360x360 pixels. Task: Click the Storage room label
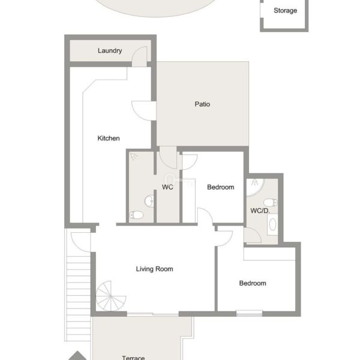pos(285,11)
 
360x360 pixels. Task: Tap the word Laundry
pos(110,51)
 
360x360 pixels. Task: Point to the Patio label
pos(202,104)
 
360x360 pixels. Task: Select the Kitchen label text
pos(109,138)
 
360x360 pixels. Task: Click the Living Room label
pos(154,269)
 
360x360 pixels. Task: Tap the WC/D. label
pos(260,211)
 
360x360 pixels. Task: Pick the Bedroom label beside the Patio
pos(220,187)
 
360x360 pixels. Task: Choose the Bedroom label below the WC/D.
pos(253,283)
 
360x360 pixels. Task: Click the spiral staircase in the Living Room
pos(110,296)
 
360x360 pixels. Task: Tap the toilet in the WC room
pos(136,215)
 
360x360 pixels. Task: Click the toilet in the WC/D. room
pos(270,203)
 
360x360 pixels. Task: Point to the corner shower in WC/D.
pos(255,187)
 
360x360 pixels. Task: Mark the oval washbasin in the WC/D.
pos(272,224)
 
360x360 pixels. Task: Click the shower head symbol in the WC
pos(134,157)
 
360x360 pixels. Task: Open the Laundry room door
pos(139,56)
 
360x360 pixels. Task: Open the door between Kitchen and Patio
pos(144,110)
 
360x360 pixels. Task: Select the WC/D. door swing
pos(253,235)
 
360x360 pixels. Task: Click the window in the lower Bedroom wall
pos(250,313)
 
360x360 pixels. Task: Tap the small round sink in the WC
pos(149,201)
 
